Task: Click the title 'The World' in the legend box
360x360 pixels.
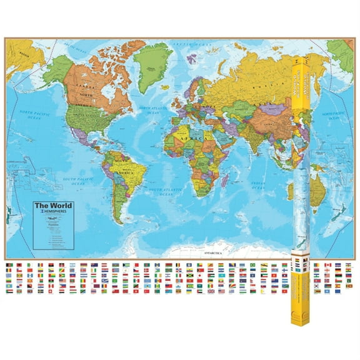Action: coord(53,206)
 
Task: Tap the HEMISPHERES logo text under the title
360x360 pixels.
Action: coord(54,212)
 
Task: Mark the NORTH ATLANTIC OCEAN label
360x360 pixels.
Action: coord(149,113)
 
